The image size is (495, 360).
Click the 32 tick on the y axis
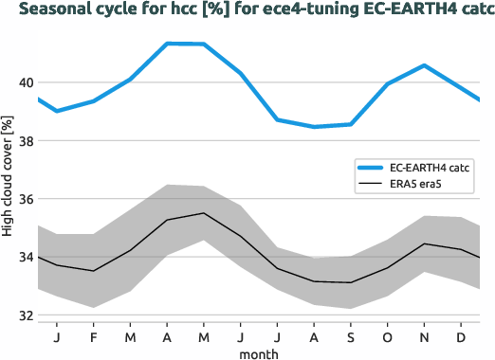[26, 315]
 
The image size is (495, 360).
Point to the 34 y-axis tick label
[26, 258]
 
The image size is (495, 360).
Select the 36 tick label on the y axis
[26, 199]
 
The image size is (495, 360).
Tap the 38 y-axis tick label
[26, 141]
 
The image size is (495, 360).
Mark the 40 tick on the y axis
[26, 82]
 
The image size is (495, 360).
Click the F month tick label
[94, 337]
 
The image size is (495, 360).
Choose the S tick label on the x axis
[350, 337]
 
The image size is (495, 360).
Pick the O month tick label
[387, 337]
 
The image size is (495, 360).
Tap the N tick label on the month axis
[424, 337]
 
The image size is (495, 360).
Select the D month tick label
[461, 337]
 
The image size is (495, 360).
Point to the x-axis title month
[258, 352]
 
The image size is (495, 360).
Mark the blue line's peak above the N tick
[424, 65]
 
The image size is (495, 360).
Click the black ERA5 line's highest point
[204, 213]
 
